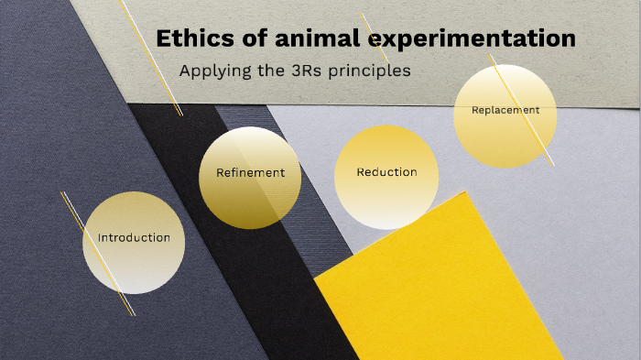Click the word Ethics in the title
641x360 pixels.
tap(189, 38)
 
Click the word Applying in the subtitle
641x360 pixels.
tap(212, 71)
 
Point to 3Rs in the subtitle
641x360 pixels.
tap(306, 70)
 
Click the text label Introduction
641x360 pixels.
tap(134, 237)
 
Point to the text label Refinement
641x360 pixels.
tap(250, 172)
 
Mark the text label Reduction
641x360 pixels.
tap(386, 171)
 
